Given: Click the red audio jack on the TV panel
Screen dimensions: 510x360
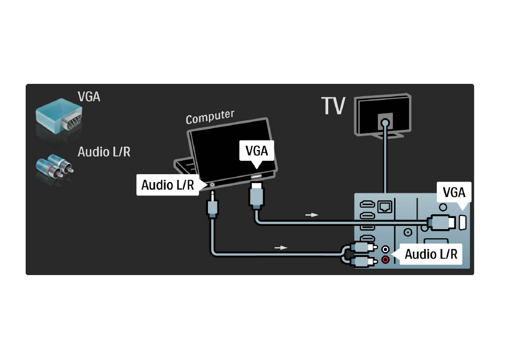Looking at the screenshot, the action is [385, 260].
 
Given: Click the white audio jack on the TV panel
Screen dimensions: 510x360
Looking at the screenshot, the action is [385, 249].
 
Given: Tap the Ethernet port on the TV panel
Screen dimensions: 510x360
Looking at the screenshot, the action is [385, 206].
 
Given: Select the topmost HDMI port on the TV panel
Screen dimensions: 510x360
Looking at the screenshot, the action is [368, 205].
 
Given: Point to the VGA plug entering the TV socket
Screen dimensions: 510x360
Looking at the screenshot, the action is [442, 223].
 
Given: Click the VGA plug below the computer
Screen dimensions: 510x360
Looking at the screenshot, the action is [256, 196].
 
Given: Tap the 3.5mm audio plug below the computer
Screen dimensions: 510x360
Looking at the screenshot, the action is [212, 205].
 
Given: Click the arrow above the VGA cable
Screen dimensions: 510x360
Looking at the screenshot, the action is [312, 215].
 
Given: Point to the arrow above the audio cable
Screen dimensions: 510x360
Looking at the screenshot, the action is [281, 248].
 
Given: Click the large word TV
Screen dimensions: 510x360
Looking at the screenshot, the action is [333, 106].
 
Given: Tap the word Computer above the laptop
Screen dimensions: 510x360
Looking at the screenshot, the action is [210, 116].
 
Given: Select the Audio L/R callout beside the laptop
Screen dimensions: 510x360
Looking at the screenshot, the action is [171, 185].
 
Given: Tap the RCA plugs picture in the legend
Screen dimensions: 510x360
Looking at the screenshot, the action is [55, 166].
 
